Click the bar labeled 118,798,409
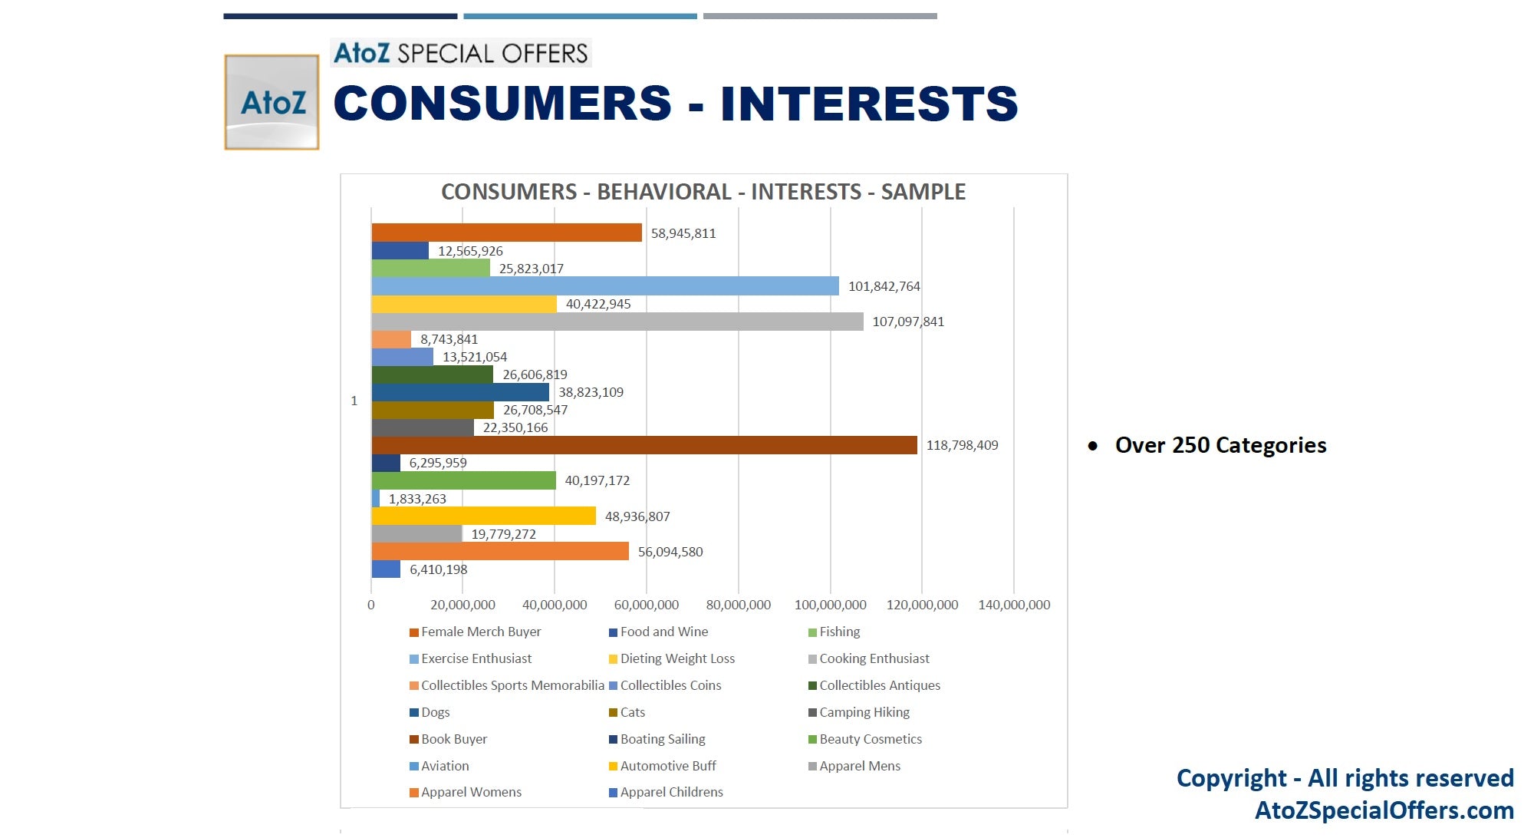pyautogui.click(x=644, y=445)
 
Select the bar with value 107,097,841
pyautogui.click(x=617, y=322)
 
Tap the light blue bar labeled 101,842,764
pyautogui.click(x=605, y=286)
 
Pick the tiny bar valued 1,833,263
pyautogui.click(x=376, y=499)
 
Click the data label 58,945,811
pyautogui.click(x=683, y=233)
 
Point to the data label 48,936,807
pyautogui.click(x=637, y=516)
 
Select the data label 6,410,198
pyautogui.click(x=439, y=569)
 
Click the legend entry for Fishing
pyautogui.click(x=834, y=632)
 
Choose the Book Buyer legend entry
pyautogui.click(x=449, y=739)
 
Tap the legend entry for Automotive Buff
pyautogui.click(x=663, y=766)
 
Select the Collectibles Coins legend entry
pyautogui.click(x=665, y=685)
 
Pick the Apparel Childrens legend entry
pyautogui.click(x=666, y=792)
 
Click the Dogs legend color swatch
pyautogui.click(x=414, y=713)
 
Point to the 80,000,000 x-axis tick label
pyautogui.click(x=739, y=605)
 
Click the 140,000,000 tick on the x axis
pyautogui.click(x=1014, y=605)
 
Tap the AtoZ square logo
pyautogui.click(x=272, y=102)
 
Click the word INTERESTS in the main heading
pyautogui.click(x=869, y=104)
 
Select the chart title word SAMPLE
pyautogui.click(x=923, y=192)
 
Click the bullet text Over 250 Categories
pyautogui.click(x=1220, y=445)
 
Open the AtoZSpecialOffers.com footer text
pyautogui.click(x=1384, y=810)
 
